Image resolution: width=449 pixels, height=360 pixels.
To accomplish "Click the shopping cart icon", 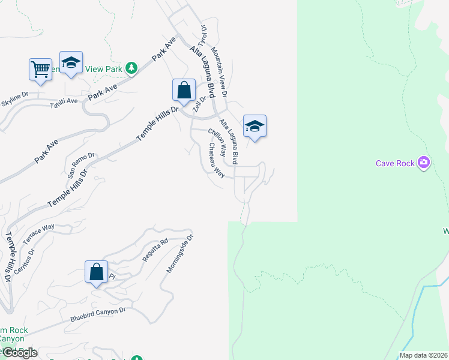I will (x=40, y=68).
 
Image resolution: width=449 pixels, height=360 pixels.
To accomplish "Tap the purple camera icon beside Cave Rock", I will (x=424, y=162).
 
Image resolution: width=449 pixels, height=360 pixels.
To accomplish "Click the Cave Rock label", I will (x=396, y=163).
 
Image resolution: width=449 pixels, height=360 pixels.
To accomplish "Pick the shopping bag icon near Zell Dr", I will (x=184, y=90).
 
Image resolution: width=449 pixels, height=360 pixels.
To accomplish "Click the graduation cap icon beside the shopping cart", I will (x=71, y=62).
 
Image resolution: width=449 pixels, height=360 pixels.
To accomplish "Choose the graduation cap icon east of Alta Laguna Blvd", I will (x=255, y=126).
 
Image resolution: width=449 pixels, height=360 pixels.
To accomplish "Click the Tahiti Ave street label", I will (x=64, y=101).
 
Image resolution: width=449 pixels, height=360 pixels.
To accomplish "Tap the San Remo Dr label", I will (x=80, y=165).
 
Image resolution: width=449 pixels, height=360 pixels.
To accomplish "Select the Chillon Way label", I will (x=217, y=139).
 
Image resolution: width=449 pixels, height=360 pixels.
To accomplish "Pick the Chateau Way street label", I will (x=216, y=160).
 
